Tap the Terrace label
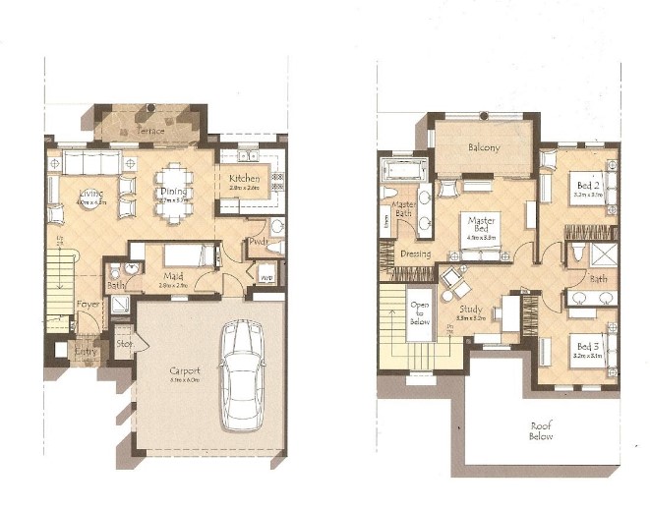point(149,130)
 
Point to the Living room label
point(91,194)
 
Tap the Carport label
point(184,370)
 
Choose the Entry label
point(88,351)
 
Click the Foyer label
point(88,305)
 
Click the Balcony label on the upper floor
point(484,147)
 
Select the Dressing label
point(415,253)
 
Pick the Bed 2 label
point(585,186)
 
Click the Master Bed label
point(481,227)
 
